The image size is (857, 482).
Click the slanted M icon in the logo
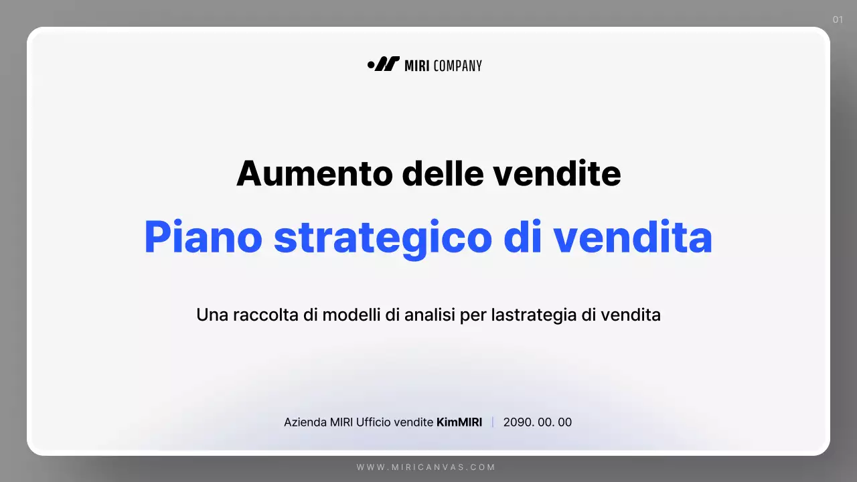click(x=387, y=64)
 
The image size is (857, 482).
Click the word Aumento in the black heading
click(x=313, y=173)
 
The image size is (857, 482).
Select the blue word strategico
click(x=383, y=238)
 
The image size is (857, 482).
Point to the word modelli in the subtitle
click(x=352, y=315)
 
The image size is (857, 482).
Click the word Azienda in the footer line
click(x=305, y=422)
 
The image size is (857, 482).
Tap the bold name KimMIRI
click(x=459, y=422)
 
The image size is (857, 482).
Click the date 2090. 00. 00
click(x=538, y=422)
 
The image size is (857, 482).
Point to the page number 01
click(x=838, y=19)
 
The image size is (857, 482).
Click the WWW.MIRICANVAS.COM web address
click(x=426, y=467)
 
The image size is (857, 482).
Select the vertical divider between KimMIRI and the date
click(x=493, y=422)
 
